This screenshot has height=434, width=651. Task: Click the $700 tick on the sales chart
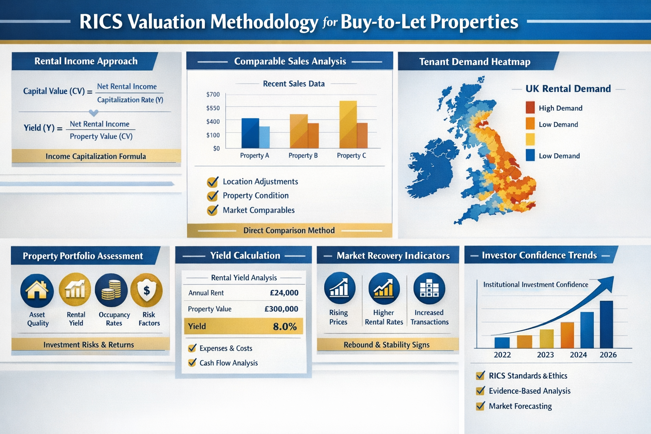point(213,95)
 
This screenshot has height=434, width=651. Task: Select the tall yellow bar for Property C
point(348,124)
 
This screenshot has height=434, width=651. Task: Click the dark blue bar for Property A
point(250,133)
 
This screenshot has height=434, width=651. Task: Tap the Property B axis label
point(303,156)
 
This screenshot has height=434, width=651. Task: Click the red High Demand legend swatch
point(530,108)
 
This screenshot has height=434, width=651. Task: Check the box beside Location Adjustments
point(212,182)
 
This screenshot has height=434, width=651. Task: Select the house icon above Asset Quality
point(37,290)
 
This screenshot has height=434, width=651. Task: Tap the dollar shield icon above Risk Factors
point(147,290)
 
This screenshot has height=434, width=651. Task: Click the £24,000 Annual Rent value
point(284,293)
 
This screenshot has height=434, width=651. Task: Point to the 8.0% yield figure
point(285,326)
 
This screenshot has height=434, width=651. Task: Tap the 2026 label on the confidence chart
point(608,355)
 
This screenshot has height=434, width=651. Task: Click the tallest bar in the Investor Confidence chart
point(606,324)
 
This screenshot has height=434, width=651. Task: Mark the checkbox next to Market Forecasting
point(480,406)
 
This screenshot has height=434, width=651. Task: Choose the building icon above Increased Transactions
point(429,289)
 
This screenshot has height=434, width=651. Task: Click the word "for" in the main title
point(329,22)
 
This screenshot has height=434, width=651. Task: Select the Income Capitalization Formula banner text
point(96,156)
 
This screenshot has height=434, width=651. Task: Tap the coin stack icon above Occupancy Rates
point(111,290)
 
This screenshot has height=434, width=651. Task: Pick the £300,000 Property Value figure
point(281,309)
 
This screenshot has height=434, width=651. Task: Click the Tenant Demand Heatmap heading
point(475,62)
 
